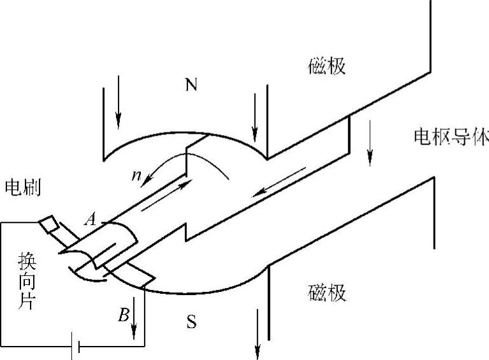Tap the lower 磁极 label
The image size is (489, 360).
(x=327, y=294)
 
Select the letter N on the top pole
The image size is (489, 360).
(x=191, y=85)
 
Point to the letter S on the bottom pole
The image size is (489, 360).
(x=191, y=322)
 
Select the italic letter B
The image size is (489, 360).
(x=123, y=314)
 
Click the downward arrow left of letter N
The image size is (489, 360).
(x=118, y=108)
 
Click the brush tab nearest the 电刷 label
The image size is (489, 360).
(x=49, y=226)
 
